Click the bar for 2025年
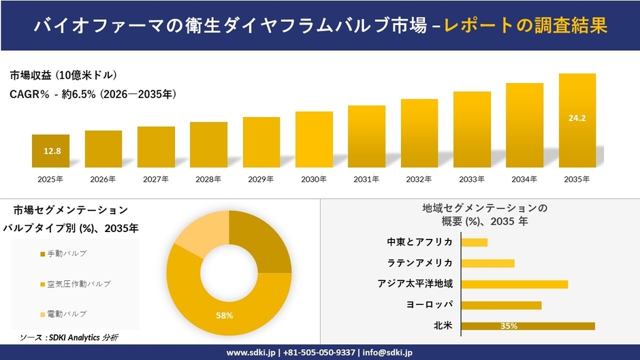(x=50, y=151)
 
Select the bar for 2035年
(x=577, y=120)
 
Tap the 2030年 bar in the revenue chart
(x=314, y=140)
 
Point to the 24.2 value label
(x=577, y=118)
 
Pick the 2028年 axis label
(x=208, y=179)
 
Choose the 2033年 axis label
(x=472, y=179)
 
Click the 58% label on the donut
(x=225, y=315)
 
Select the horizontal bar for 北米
(x=528, y=326)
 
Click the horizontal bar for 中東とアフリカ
(x=474, y=242)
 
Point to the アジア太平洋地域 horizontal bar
(x=514, y=284)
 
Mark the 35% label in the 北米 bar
(x=508, y=326)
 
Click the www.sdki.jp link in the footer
(x=250, y=353)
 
